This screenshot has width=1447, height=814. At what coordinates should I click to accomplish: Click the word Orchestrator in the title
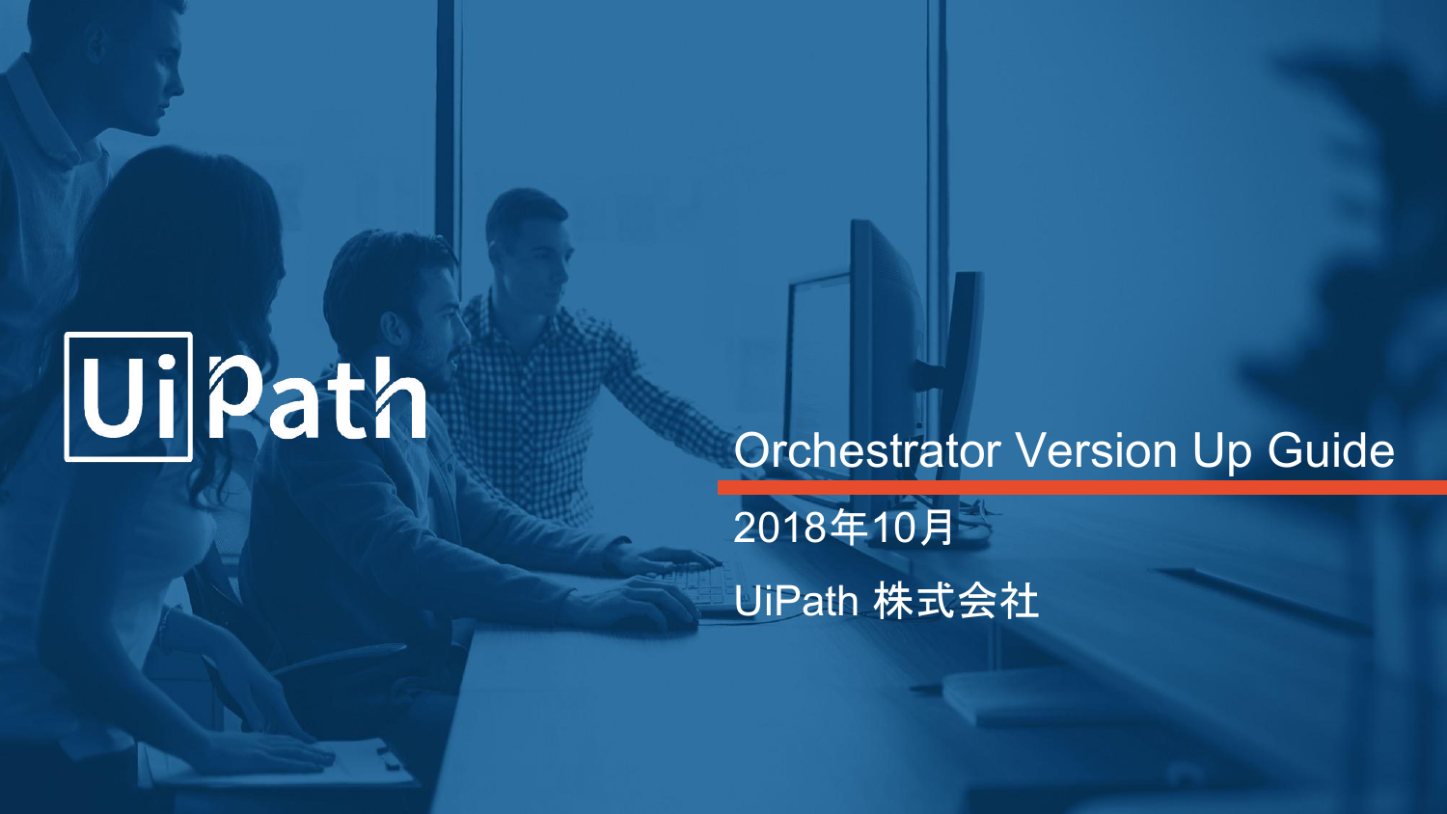coord(866,451)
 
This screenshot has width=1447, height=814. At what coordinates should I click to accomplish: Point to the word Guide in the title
coord(1330,451)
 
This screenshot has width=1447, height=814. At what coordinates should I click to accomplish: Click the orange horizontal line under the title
coord(1080,487)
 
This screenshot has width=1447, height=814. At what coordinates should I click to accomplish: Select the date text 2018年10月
coord(843,528)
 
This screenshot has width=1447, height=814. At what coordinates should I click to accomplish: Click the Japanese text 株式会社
coord(955,602)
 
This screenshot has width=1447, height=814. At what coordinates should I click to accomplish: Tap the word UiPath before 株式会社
coord(796,602)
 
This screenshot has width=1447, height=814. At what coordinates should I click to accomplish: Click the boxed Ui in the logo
coord(128,396)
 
